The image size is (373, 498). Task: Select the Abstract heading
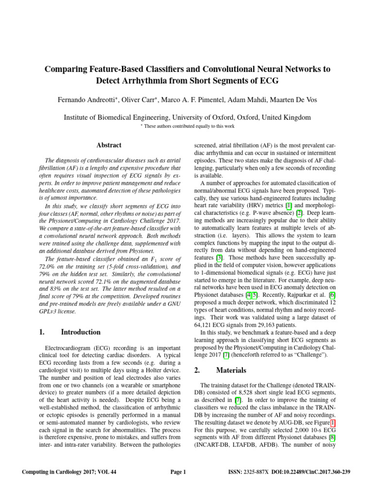[109, 145]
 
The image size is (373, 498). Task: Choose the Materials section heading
[231, 370]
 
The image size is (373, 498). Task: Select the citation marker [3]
[220, 257]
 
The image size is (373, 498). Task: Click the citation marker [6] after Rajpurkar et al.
[332, 295]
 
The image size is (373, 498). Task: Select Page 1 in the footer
[178, 472]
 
